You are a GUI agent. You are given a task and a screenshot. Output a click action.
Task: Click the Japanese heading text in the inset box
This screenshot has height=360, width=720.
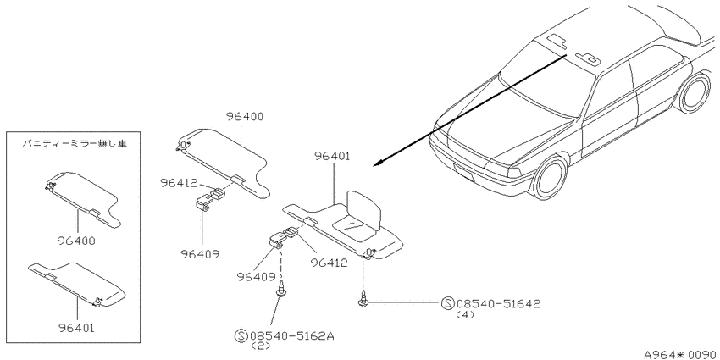pyautogui.click(x=75, y=144)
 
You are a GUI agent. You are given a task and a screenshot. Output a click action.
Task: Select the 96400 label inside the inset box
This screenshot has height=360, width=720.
pyautogui.click(x=77, y=240)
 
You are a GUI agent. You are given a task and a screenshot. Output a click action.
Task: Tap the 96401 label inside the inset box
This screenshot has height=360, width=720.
pyautogui.click(x=77, y=328)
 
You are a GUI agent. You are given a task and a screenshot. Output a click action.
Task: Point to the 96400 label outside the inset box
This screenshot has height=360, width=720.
pyautogui.click(x=244, y=117)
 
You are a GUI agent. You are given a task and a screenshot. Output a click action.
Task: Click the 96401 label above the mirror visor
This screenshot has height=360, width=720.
pyautogui.click(x=332, y=156)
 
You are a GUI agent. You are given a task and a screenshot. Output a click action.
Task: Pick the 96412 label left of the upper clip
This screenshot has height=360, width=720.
pyautogui.click(x=179, y=183)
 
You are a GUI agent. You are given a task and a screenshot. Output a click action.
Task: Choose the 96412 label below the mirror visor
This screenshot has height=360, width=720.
pyautogui.click(x=329, y=263)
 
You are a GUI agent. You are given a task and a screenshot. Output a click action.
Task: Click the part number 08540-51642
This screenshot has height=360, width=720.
pyautogui.click(x=498, y=303)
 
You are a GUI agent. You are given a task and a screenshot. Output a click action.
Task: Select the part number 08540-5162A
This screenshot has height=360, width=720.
pyautogui.click(x=291, y=336)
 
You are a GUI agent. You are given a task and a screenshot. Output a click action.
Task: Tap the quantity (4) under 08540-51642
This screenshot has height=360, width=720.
pyautogui.click(x=465, y=315)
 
